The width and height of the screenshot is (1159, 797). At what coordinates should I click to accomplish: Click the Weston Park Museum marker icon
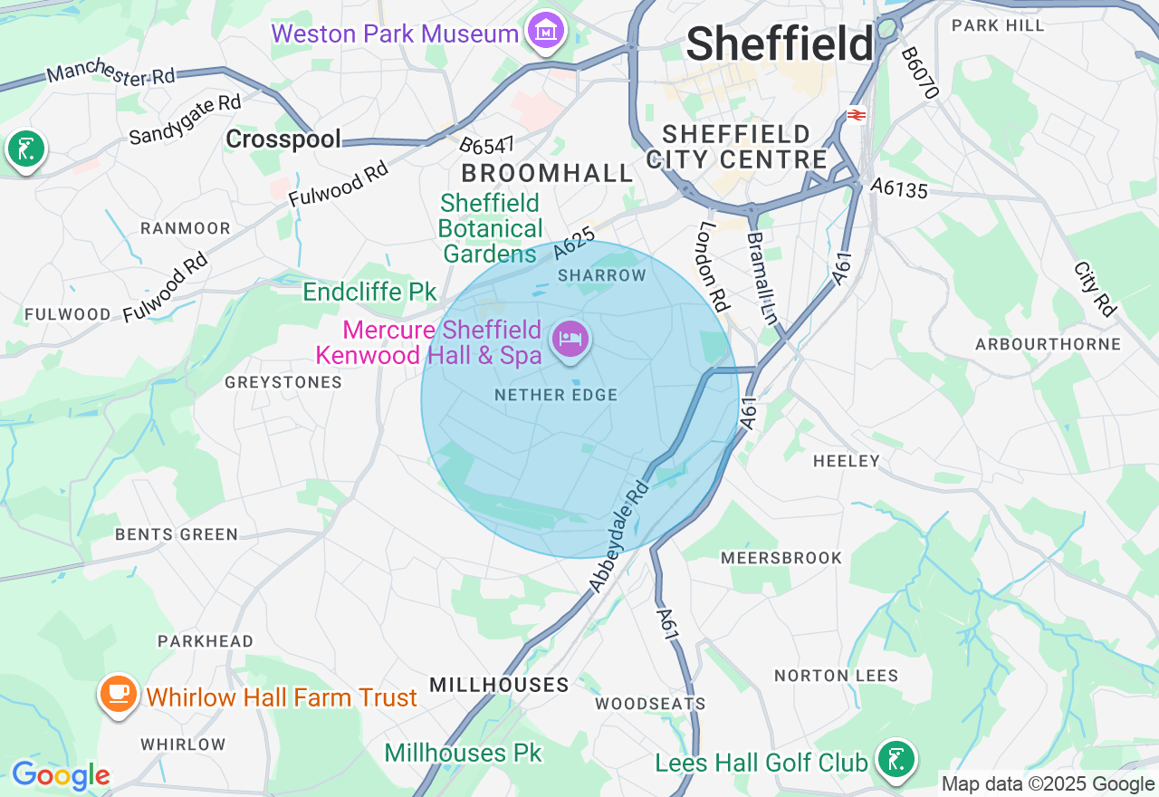point(546,33)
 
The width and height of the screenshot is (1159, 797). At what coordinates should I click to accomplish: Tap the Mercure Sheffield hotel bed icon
point(570,341)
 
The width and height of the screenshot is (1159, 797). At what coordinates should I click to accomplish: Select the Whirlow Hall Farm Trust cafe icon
point(118,695)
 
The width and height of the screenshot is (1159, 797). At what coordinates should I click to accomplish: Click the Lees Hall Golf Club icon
point(896,759)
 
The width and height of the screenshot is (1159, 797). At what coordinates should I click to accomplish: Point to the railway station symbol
point(856,115)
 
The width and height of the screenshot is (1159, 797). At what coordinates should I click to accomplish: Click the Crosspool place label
point(283,139)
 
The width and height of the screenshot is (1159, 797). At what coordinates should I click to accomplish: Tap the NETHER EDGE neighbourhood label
point(556,395)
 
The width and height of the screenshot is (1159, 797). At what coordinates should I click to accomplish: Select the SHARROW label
point(602,274)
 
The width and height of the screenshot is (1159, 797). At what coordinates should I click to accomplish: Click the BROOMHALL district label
point(547,173)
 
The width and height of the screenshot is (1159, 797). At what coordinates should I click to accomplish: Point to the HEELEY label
point(846,461)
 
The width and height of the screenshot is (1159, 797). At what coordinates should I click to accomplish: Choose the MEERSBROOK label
point(781,558)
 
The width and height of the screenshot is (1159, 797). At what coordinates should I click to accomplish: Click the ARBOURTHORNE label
point(1048,344)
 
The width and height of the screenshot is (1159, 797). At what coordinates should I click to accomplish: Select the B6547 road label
point(486,145)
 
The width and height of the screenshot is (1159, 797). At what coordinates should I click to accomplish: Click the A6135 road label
point(899,187)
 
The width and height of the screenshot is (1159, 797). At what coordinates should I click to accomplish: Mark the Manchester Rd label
point(110,74)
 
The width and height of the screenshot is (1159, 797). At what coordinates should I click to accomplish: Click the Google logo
point(61,776)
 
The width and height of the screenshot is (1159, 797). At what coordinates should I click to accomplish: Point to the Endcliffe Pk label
point(369,292)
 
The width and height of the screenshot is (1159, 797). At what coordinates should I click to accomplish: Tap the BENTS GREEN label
point(177,534)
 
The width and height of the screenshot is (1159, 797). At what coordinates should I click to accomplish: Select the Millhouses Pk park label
point(463,753)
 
